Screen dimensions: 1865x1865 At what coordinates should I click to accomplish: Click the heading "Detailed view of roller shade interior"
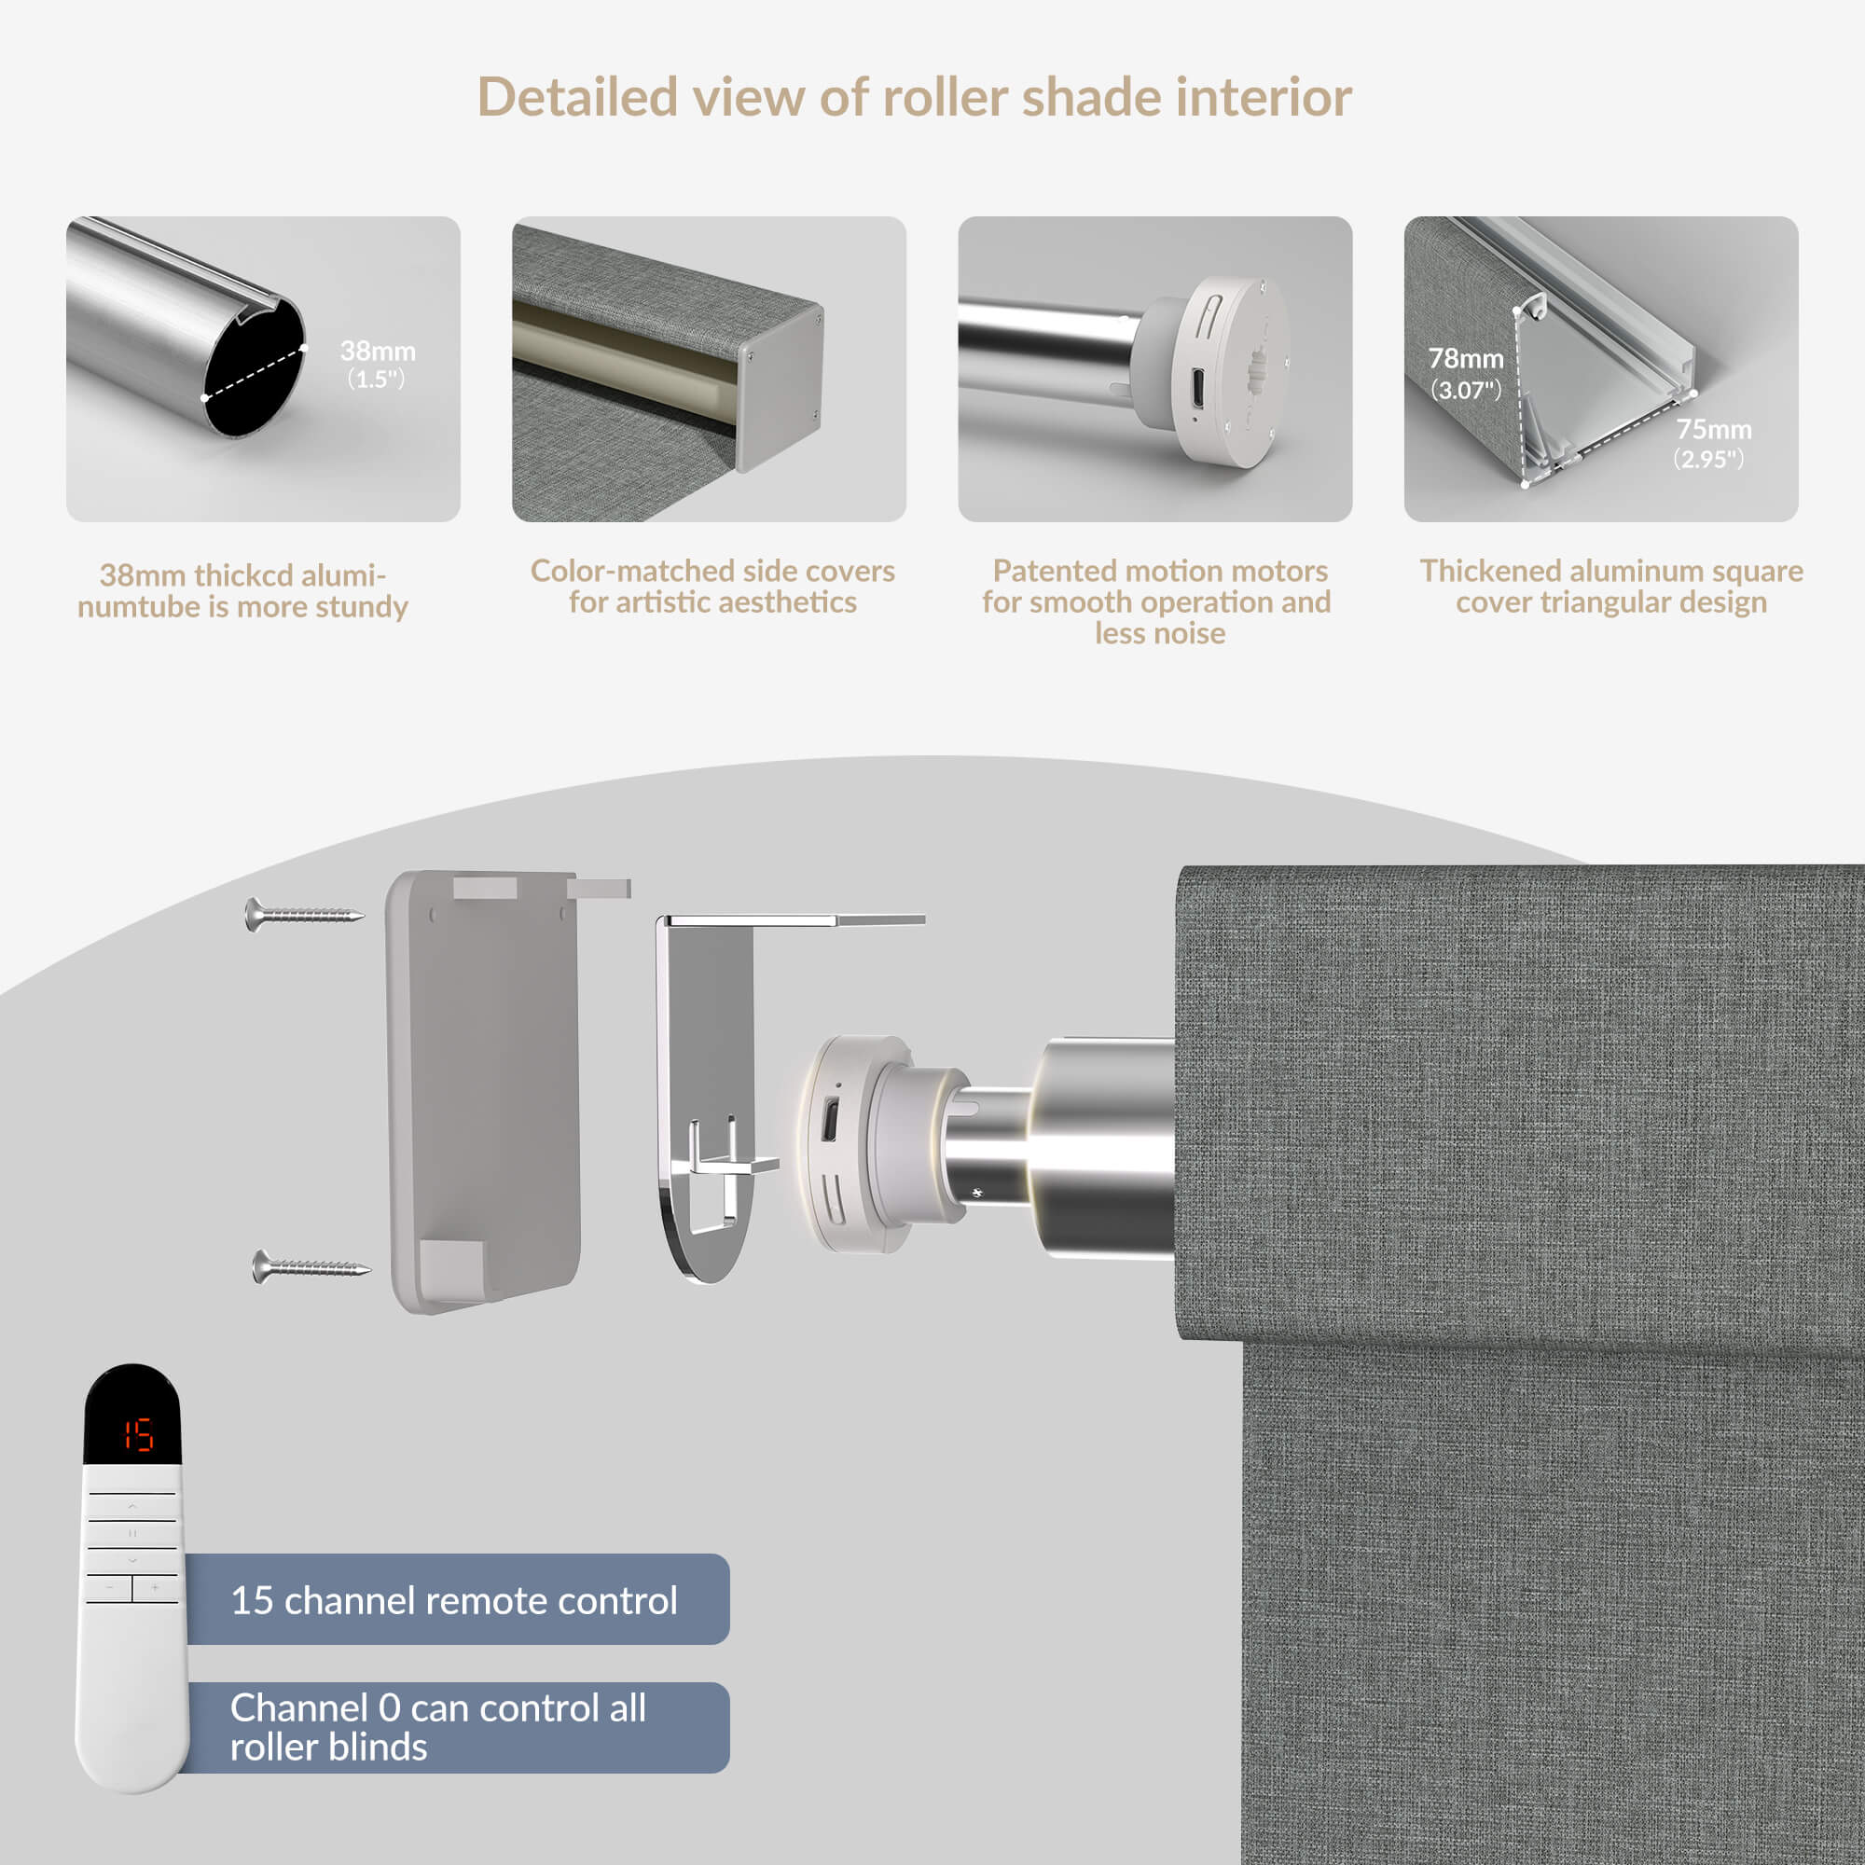pos(914,98)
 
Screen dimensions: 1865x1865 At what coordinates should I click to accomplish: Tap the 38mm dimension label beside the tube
pos(378,364)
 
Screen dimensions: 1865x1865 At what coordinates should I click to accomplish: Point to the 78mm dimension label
pos(1465,373)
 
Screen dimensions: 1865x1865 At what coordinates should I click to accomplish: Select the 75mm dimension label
pos(1711,443)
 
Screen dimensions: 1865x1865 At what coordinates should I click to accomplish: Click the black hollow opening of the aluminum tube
pos(254,369)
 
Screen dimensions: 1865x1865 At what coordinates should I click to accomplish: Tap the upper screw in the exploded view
pos(304,913)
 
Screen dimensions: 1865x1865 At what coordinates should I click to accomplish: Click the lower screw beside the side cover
pos(311,1265)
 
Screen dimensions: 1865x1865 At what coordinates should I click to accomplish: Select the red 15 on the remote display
pos(138,1435)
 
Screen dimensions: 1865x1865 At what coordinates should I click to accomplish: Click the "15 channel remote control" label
pos(454,1600)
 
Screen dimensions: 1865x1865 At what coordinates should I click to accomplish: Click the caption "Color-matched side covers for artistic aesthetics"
pos(712,586)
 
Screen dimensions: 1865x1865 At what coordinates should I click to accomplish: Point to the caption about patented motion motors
pos(1157,601)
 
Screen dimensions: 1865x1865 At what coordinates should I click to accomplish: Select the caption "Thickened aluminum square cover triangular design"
pos(1611,586)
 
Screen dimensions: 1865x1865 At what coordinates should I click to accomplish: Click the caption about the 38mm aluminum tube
pos(242,591)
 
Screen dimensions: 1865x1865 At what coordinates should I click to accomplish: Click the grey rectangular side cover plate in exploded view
pos(485,1091)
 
